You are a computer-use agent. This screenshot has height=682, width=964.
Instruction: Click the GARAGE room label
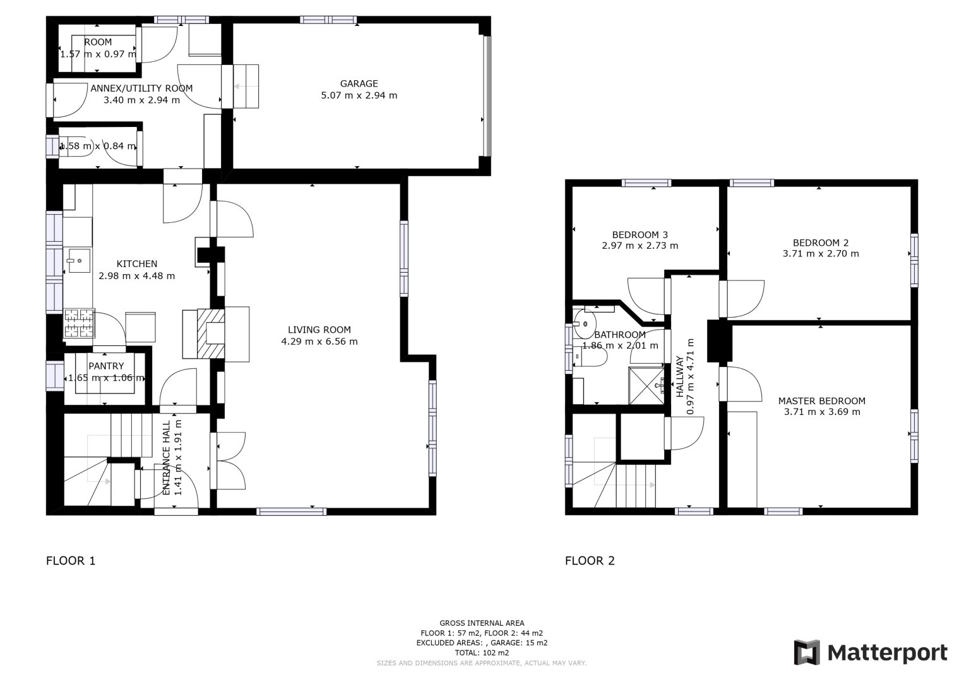tap(359, 83)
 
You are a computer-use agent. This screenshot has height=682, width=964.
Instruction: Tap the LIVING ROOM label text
tap(319, 330)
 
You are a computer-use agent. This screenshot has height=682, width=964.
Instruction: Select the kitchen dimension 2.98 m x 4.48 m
tap(137, 275)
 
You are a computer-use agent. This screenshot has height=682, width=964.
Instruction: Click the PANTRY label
tap(106, 366)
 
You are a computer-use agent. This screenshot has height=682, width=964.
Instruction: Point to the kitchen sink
tap(79, 260)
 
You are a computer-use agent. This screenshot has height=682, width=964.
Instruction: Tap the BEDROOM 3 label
tap(640, 234)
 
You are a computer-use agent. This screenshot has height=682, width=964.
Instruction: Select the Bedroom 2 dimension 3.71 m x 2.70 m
tap(821, 254)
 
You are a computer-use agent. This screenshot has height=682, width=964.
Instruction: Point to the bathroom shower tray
tap(648, 385)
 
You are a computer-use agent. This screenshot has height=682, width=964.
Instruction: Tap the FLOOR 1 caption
tap(71, 560)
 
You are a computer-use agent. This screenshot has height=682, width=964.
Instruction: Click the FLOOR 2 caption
tap(590, 560)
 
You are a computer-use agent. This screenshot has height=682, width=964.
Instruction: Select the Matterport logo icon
tap(807, 652)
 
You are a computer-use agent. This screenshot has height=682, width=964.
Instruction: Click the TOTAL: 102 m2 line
tap(482, 653)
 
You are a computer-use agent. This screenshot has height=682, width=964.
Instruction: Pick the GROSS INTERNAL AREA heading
tap(482, 623)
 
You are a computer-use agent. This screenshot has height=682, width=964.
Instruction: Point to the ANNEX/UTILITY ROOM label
tap(141, 88)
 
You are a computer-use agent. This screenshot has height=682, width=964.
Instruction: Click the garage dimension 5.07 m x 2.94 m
tap(359, 95)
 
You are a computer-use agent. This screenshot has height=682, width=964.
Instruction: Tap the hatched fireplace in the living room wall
tap(210, 333)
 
